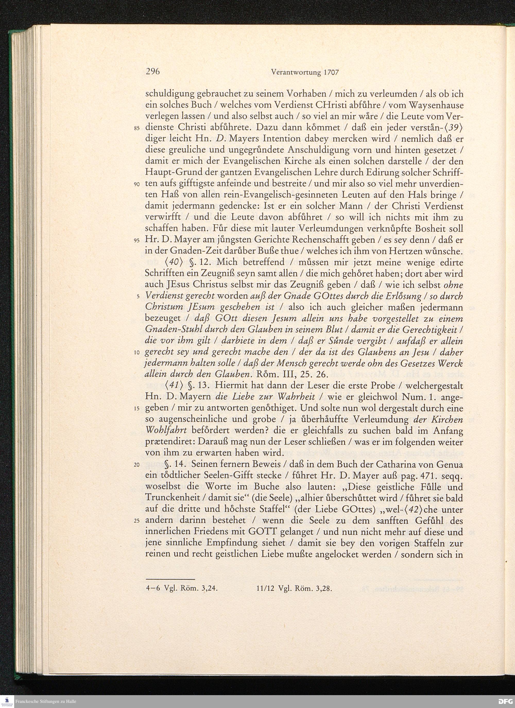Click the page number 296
153,72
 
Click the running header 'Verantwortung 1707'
305,72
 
